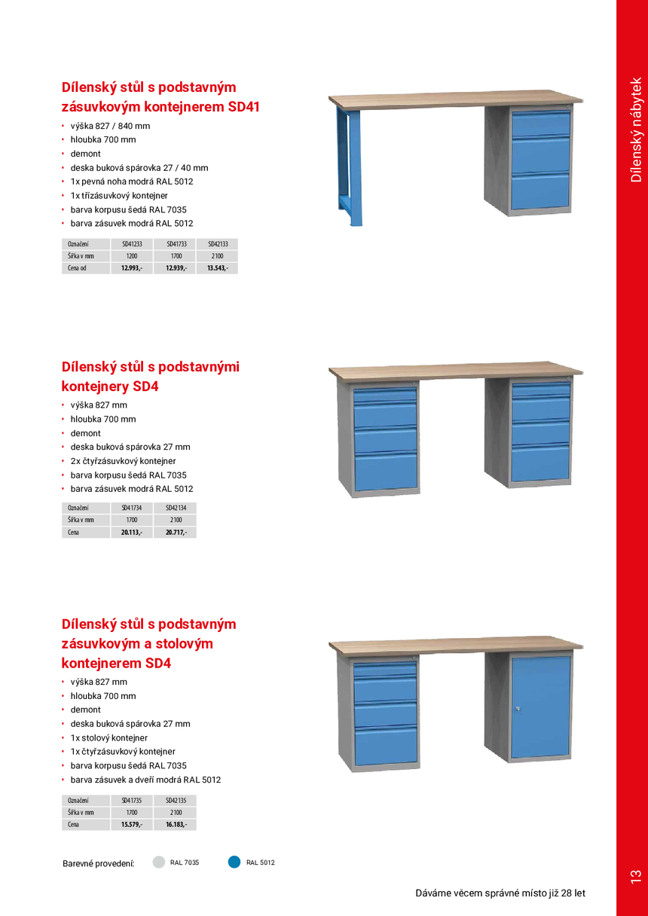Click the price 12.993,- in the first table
[132, 268]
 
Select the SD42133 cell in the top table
[218, 244]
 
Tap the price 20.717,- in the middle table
[176, 533]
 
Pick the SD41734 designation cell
[132, 508]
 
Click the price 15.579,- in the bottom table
[132, 825]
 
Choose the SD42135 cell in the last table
[176, 800]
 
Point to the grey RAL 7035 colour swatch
[159, 863]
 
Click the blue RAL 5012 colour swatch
[234, 863]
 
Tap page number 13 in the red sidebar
[634, 876]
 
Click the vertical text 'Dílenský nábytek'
[636, 130]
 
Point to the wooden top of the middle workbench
[455, 371]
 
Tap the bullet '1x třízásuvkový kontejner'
[119, 195]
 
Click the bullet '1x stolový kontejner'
[109, 738]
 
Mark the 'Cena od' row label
[78, 268]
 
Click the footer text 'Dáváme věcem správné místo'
[500, 893]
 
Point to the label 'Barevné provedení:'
[98, 863]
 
